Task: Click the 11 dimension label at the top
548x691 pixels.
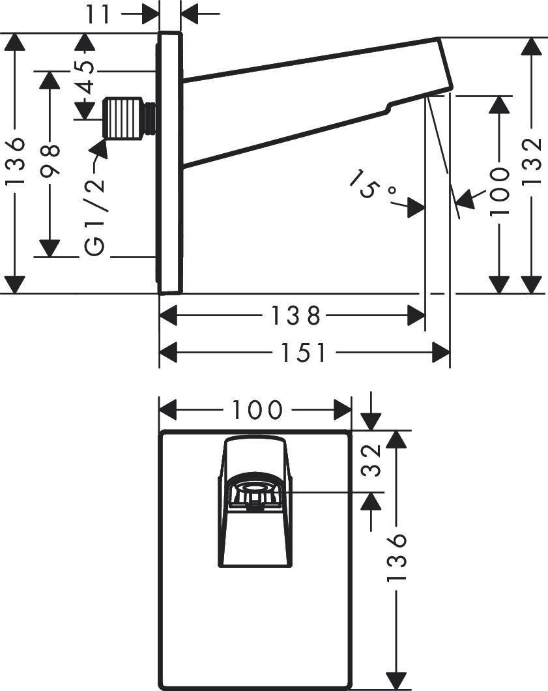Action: [x=99, y=13]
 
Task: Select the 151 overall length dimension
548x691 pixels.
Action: [x=304, y=353]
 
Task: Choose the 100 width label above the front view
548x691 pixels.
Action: [x=256, y=410]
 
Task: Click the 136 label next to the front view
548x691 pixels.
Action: [x=397, y=557]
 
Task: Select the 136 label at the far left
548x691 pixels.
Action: [x=14, y=164]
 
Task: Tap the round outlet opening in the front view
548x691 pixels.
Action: [x=254, y=488]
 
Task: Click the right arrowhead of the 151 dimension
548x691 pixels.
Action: [x=442, y=353]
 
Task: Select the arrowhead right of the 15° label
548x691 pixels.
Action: [x=416, y=208]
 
